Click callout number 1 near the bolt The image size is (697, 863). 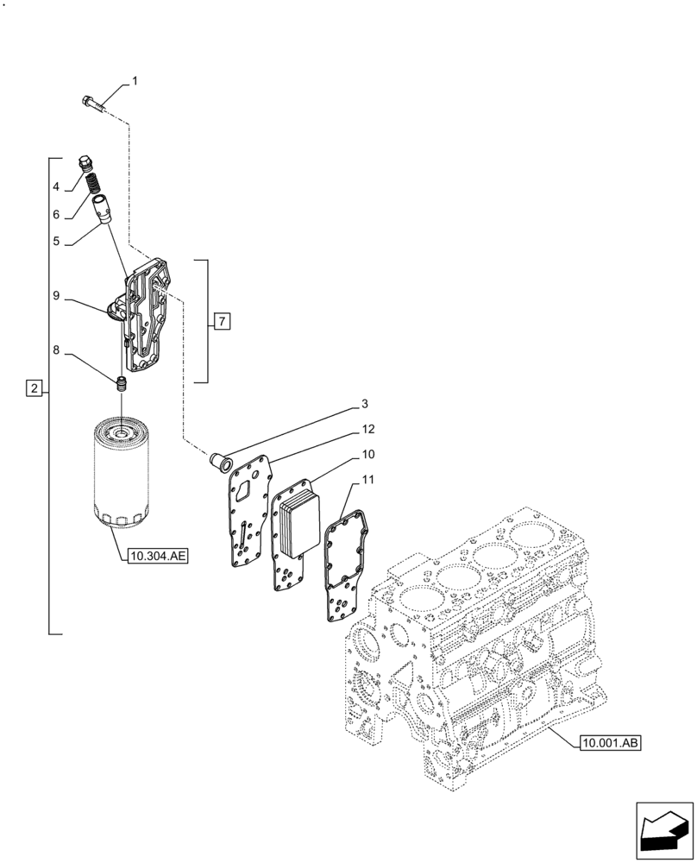135,82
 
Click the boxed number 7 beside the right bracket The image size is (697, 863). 222,322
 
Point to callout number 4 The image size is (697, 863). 55,186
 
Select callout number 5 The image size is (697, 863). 55,243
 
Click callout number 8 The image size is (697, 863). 55,352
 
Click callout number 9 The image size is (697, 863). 55,296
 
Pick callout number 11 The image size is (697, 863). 367,480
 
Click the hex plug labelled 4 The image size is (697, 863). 85,162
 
